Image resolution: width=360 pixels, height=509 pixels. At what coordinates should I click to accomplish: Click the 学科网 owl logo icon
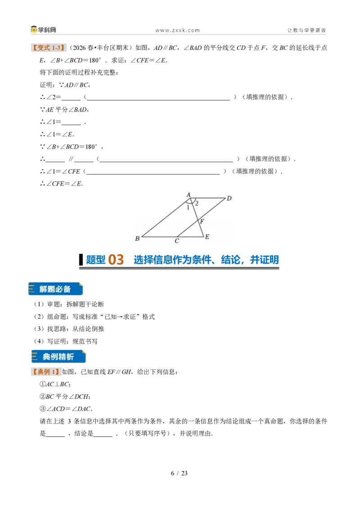(x=34, y=30)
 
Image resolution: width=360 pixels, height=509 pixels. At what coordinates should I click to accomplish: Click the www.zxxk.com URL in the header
(x=177, y=31)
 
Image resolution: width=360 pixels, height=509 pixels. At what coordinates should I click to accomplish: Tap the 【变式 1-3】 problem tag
(x=49, y=48)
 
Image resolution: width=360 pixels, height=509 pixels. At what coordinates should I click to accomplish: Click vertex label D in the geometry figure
(x=229, y=198)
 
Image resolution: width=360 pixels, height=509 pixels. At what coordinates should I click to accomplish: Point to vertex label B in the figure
(x=137, y=239)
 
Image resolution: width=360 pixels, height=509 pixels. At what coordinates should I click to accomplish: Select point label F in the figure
(x=202, y=221)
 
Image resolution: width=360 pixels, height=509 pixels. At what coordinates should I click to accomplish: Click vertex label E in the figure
(x=207, y=237)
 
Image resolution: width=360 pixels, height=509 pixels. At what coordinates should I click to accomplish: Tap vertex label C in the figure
(x=177, y=241)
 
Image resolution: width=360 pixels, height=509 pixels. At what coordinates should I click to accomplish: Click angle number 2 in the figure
(x=197, y=204)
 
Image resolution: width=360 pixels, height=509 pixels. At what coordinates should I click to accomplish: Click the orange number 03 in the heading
(x=116, y=260)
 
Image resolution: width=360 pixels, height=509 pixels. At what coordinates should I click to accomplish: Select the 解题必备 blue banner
(x=55, y=289)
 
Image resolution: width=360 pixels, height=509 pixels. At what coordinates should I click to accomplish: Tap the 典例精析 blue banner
(x=58, y=357)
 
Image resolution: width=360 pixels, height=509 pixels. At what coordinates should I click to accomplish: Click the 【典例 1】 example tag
(x=46, y=372)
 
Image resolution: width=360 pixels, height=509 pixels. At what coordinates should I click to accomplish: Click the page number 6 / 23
(x=180, y=473)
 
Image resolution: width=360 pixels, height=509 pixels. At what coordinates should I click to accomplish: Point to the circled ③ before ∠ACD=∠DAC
(x=43, y=409)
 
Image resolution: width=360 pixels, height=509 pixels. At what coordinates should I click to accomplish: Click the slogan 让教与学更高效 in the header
(x=306, y=30)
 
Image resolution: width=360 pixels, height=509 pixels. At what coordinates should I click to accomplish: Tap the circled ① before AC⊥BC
(x=43, y=384)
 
